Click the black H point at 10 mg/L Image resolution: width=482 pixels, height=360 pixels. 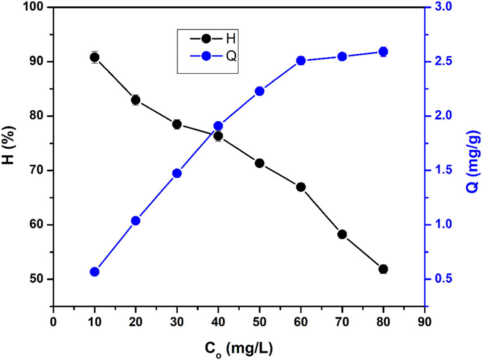pyautogui.click(x=94, y=57)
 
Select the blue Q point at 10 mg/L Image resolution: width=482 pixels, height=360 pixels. pyautogui.click(x=94, y=272)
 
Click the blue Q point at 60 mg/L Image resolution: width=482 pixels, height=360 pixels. pyautogui.click(x=301, y=61)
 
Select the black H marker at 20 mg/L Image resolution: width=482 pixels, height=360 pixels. pyautogui.click(x=135, y=100)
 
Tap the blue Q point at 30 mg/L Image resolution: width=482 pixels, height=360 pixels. pyautogui.click(x=177, y=173)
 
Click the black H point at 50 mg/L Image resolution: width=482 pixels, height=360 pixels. pyautogui.click(x=260, y=163)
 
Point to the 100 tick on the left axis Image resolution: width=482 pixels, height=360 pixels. pyautogui.click(x=39, y=7)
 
